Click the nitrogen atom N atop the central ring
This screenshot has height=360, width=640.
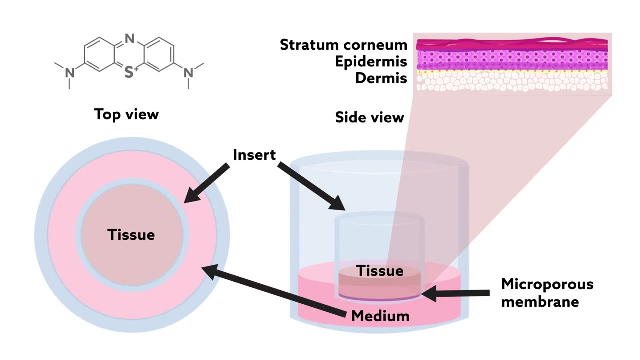[130, 38]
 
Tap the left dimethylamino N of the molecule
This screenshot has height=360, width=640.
[69, 73]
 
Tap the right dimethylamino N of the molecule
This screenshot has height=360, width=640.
[188, 73]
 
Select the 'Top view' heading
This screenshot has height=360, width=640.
[126, 114]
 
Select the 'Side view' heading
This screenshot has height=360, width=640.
[369, 118]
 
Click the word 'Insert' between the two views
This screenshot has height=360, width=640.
[254, 155]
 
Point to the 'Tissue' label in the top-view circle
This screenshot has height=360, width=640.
[131, 235]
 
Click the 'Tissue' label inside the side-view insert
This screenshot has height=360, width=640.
[379, 271]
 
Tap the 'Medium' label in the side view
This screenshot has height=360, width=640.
[380, 316]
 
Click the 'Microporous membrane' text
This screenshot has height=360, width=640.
[547, 293]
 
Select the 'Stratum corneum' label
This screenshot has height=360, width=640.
[343, 45]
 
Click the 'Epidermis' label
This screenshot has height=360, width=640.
[371, 62]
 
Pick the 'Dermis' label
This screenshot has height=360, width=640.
[381, 78]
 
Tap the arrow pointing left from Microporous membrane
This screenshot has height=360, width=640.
[455, 293]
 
